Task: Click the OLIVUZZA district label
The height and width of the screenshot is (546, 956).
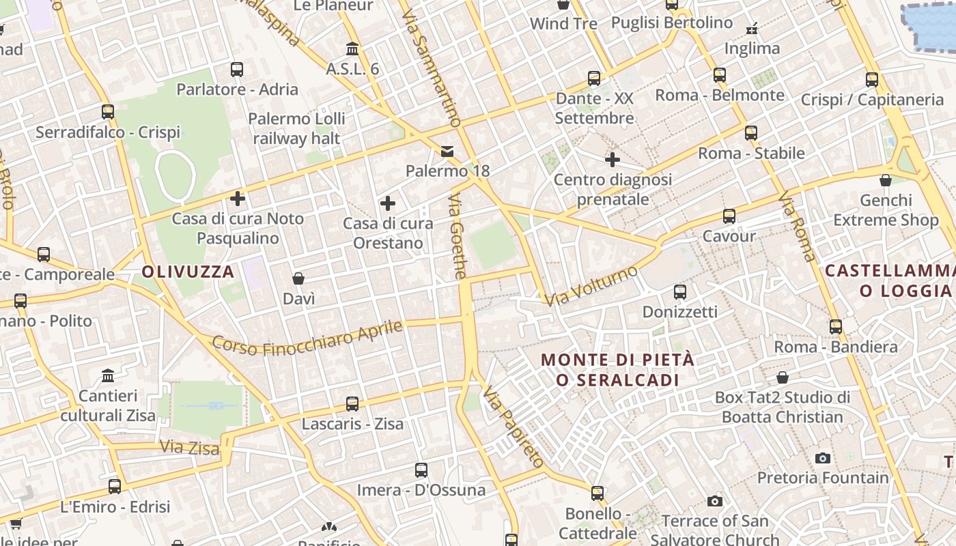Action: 188,272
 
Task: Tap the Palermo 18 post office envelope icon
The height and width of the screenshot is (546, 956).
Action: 447,151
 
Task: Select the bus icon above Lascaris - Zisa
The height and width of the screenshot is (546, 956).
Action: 352,403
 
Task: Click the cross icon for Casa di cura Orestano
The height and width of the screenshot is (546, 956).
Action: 388,203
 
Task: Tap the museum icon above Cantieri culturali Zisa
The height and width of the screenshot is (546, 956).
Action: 108,375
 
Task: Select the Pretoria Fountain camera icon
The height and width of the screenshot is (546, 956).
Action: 823,458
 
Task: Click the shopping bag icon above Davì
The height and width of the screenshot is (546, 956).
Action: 298,278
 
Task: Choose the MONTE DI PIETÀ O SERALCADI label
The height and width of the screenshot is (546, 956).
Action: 617,369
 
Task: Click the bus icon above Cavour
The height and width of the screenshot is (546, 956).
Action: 729,216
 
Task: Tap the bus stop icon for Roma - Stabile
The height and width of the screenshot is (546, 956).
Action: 751,132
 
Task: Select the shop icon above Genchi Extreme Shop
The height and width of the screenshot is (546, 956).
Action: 886,180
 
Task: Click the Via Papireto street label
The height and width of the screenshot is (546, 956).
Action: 513,426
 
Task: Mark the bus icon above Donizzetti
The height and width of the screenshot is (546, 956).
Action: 680,292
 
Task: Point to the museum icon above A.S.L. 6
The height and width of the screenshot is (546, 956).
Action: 352,48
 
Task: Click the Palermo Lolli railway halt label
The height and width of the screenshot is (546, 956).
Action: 296,128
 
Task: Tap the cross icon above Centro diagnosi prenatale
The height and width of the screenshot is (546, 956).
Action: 613,160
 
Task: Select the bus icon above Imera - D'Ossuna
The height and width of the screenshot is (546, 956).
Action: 421,470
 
